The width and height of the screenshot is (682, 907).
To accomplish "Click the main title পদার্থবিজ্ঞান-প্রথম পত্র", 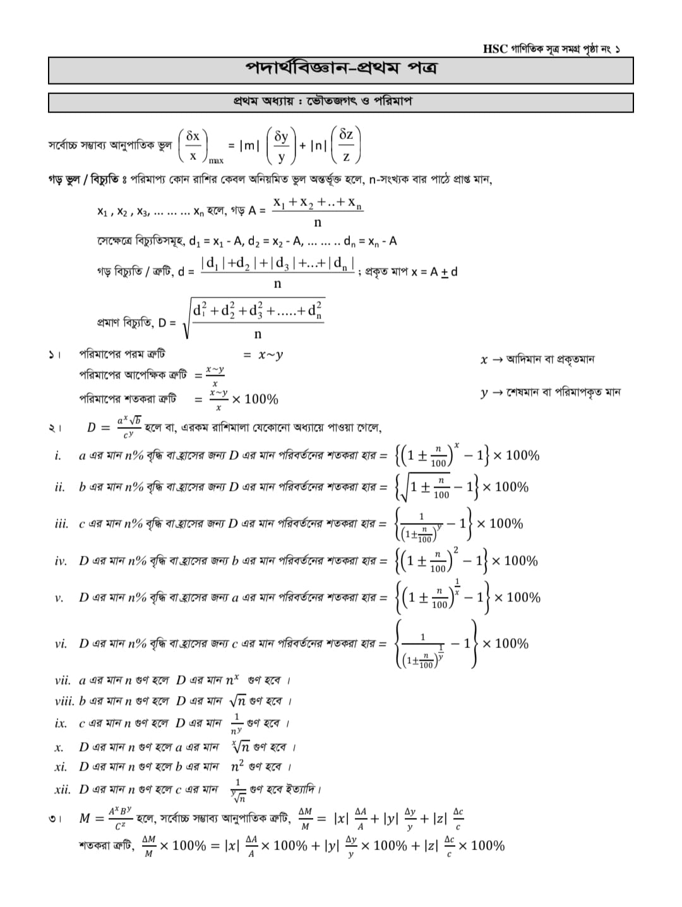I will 341,68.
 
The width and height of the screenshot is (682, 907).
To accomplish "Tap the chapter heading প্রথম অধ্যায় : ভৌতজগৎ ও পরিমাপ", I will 322,101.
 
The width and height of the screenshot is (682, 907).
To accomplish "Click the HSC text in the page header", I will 495,49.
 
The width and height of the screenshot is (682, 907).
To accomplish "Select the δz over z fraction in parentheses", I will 346,145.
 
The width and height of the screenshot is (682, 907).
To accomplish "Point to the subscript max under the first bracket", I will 216,160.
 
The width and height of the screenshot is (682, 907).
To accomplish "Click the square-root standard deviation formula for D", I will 256,319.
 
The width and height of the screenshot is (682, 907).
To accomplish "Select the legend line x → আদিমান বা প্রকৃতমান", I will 537,359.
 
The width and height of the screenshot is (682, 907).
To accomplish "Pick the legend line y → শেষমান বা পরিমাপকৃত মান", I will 550,392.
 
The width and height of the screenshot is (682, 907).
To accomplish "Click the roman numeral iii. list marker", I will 62,524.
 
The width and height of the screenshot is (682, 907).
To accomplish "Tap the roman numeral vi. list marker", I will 61,644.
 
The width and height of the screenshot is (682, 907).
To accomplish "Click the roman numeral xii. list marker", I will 63,789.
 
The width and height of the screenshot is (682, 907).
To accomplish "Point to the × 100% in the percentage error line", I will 254,399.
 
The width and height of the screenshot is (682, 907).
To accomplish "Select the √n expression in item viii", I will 237,701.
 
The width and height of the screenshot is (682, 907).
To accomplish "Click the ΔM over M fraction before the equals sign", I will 305,818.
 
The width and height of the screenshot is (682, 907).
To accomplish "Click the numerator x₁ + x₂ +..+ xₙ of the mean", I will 318,203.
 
